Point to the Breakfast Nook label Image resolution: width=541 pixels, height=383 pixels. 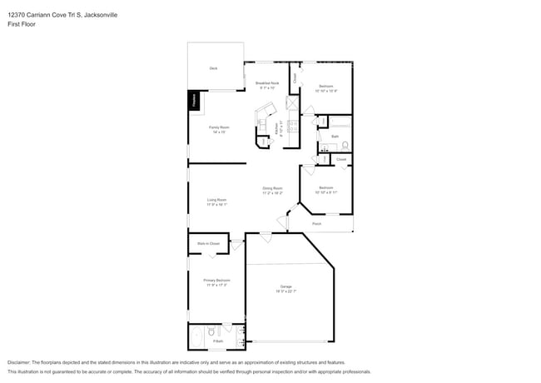pyautogui.click(x=266, y=83)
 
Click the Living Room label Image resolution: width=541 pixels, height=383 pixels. pyautogui.click(x=217, y=199)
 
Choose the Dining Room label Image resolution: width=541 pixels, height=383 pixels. pyautogui.click(x=273, y=188)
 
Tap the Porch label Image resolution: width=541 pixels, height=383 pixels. pyautogui.click(x=317, y=224)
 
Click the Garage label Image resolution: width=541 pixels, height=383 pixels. pyautogui.click(x=285, y=286)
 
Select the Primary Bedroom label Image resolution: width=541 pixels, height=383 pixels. pyautogui.click(x=216, y=281)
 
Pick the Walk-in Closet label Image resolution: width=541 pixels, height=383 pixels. pyautogui.click(x=208, y=244)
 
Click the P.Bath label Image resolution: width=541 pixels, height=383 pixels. pyautogui.click(x=218, y=341)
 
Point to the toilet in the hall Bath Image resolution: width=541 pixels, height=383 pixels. pyautogui.click(x=345, y=146)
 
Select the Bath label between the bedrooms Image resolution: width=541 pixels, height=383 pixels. pyautogui.click(x=335, y=136)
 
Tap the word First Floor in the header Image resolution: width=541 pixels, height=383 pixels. pyautogui.click(x=21, y=24)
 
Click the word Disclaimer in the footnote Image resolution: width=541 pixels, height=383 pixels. pyautogui.click(x=18, y=363)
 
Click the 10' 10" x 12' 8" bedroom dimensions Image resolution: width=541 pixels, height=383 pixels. pyautogui.click(x=326, y=90)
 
